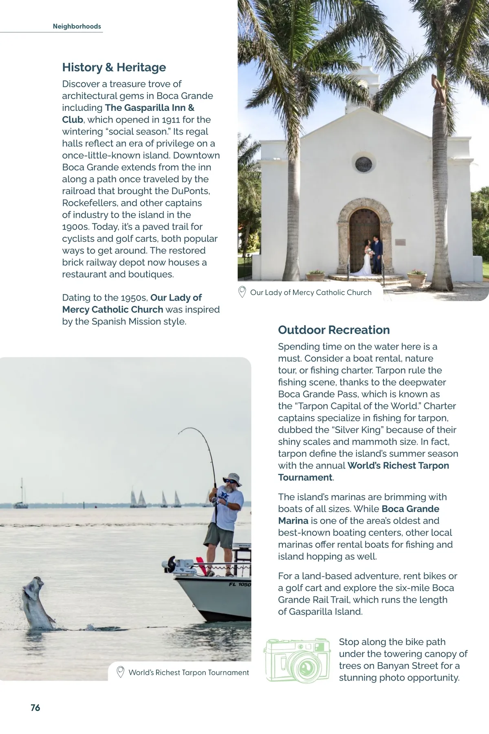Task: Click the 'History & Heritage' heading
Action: pos(114,67)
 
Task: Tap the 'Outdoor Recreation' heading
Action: pos(334,330)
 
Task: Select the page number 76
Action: pos(35,707)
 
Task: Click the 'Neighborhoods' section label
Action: pos(77,27)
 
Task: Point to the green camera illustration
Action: pos(297,660)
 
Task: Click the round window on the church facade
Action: pos(363,164)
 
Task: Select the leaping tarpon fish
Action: pos(37,602)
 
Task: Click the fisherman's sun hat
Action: pos(232,479)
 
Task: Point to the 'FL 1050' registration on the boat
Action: pos(240,584)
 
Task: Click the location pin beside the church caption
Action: pos(242,292)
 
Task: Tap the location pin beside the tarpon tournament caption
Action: pos(120,672)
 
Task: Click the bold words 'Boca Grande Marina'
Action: pos(359,515)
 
